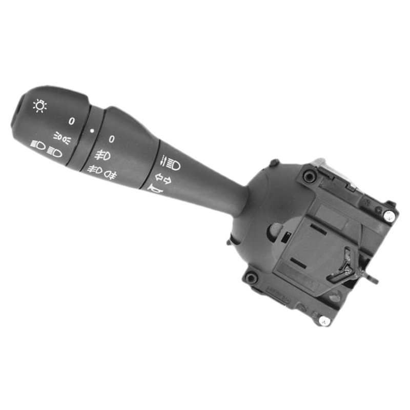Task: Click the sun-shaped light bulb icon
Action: pos(39,106)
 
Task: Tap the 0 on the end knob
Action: pos(71,121)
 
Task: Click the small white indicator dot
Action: pos(92,131)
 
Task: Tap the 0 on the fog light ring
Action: pos(111,139)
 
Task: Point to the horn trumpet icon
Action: pos(154,191)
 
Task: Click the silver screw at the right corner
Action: pos(389,216)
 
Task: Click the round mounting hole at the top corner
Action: pos(309,177)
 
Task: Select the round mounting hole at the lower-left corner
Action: pos(251,278)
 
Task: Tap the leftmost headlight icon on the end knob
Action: pos(37,145)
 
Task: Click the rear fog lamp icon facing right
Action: pos(111,175)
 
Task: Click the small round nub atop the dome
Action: pos(274,163)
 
